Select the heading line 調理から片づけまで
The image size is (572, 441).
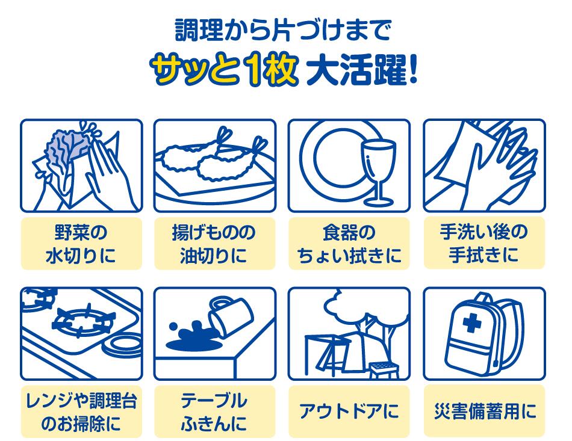pyautogui.click(x=283, y=29)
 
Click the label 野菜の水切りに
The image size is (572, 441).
pyautogui.click(x=81, y=244)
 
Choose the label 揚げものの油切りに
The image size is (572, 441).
pyautogui.click(x=215, y=244)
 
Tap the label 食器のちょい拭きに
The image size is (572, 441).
pyautogui.click(x=349, y=244)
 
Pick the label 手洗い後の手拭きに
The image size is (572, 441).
pyautogui.click(x=483, y=244)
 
